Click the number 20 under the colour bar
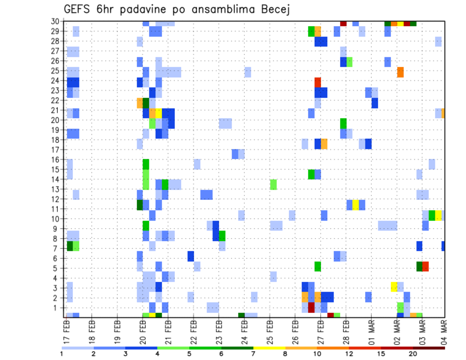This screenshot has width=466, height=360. pos(413,353)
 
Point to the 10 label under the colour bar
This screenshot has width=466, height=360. pos(317,353)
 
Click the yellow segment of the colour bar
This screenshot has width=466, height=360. pos(269,347)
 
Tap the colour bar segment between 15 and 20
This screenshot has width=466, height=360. pos(397,347)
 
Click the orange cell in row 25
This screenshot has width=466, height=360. pos(400,72)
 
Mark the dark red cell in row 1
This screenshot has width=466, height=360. pos(311,308)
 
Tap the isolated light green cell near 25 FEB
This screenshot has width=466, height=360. pos(273,184)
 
